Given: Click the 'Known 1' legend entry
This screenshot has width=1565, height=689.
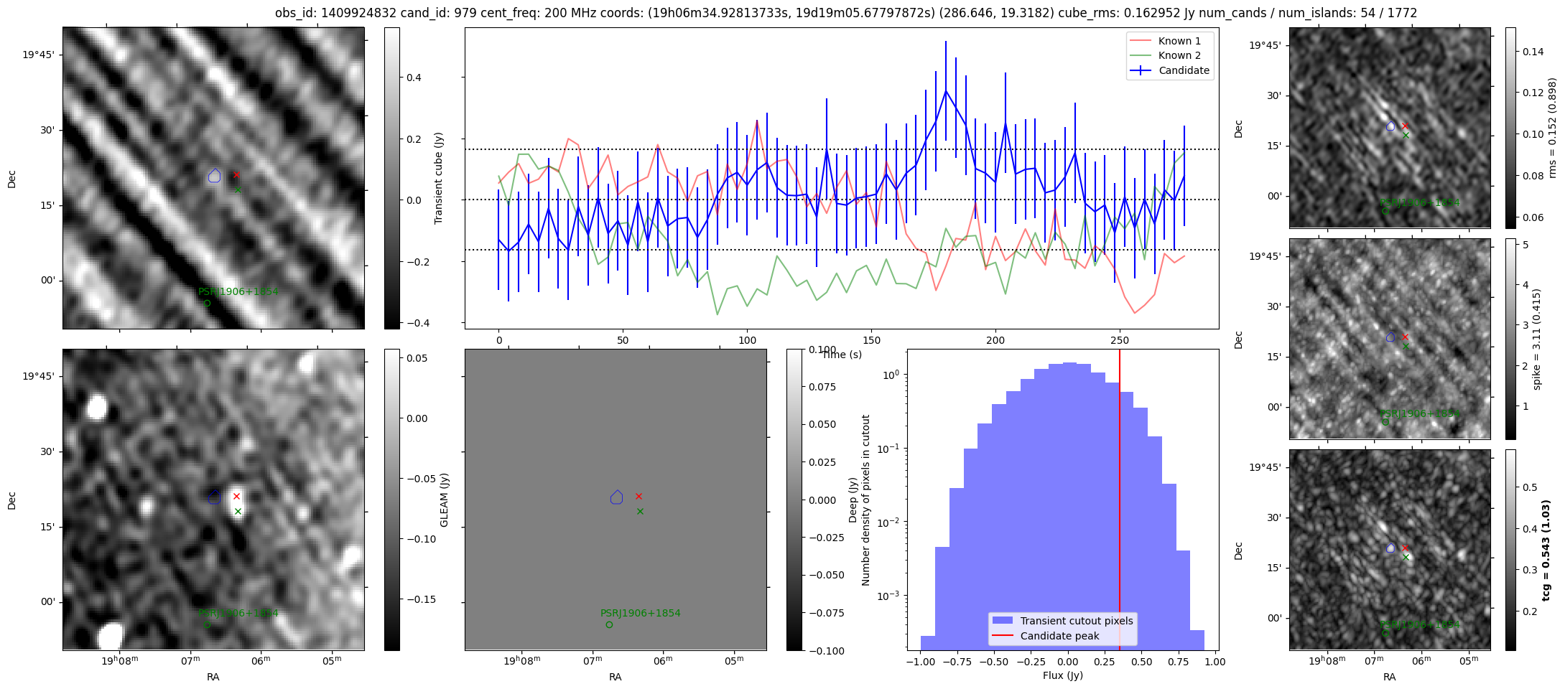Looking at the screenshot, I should point(1179,41).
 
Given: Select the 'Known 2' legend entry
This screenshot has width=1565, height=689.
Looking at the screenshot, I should point(1179,55).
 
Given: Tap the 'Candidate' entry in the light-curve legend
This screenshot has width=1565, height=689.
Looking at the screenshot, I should point(1184,70).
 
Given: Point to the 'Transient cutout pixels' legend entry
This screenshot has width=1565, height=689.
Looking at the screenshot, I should point(1076,621).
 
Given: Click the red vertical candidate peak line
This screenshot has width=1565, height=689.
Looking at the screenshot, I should point(1120,502).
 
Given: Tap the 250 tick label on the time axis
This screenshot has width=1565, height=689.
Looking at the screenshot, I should point(1120,340).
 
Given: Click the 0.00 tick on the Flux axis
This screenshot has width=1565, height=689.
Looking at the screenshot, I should point(1068,662).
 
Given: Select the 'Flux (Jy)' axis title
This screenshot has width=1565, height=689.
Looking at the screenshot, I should point(1062,675).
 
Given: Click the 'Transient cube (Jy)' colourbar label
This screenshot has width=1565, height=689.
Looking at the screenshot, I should point(438,178).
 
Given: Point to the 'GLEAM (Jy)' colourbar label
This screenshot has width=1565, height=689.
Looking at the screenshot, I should point(444,500).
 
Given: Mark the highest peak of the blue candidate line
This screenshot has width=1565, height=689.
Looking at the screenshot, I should point(946,90).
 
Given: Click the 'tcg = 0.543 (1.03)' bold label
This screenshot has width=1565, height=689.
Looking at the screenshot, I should point(1547,550).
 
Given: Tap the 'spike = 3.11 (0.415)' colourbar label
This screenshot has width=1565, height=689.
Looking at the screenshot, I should point(1536,339).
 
